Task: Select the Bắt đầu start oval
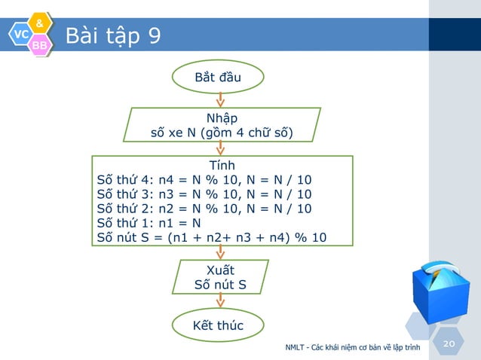click(x=219, y=77)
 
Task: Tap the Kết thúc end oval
click(x=219, y=325)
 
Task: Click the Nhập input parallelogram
click(x=222, y=126)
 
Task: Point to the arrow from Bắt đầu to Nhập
click(x=220, y=99)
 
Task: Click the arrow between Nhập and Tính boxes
click(x=220, y=149)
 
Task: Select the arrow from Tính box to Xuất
click(x=220, y=253)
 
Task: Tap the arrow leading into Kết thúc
click(x=220, y=301)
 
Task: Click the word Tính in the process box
click(x=222, y=165)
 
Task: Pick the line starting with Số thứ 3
click(x=204, y=194)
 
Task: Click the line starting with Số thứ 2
click(x=204, y=209)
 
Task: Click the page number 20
click(x=450, y=343)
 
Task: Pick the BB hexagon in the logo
click(x=40, y=46)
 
